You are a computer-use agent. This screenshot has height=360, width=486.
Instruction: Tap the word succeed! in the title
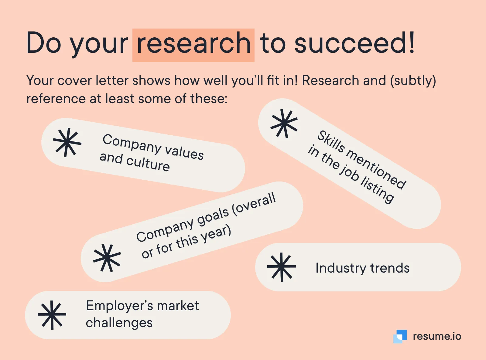tap(354, 42)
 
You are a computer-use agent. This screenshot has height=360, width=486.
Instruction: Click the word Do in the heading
tap(44, 42)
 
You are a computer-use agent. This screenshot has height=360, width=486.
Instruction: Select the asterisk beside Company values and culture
tap(67, 142)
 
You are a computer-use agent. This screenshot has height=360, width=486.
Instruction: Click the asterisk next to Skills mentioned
tap(284, 124)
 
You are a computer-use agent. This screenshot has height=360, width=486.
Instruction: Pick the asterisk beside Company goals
tap(107, 258)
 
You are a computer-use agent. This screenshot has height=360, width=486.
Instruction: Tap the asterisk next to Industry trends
tap(282, 267)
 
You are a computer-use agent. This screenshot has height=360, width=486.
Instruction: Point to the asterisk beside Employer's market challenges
tap(52, 315)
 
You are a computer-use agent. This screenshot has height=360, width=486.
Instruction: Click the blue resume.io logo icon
tap(400, 336)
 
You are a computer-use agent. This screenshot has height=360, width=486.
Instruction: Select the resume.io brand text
tap(437, 336)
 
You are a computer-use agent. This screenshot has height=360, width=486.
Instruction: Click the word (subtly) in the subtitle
tap(413, 80)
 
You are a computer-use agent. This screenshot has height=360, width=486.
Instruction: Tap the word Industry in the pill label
tap(341, 268)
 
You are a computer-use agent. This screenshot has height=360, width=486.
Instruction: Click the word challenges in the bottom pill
tap(119, 323)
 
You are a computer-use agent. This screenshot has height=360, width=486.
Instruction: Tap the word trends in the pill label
tap(390, 268)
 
